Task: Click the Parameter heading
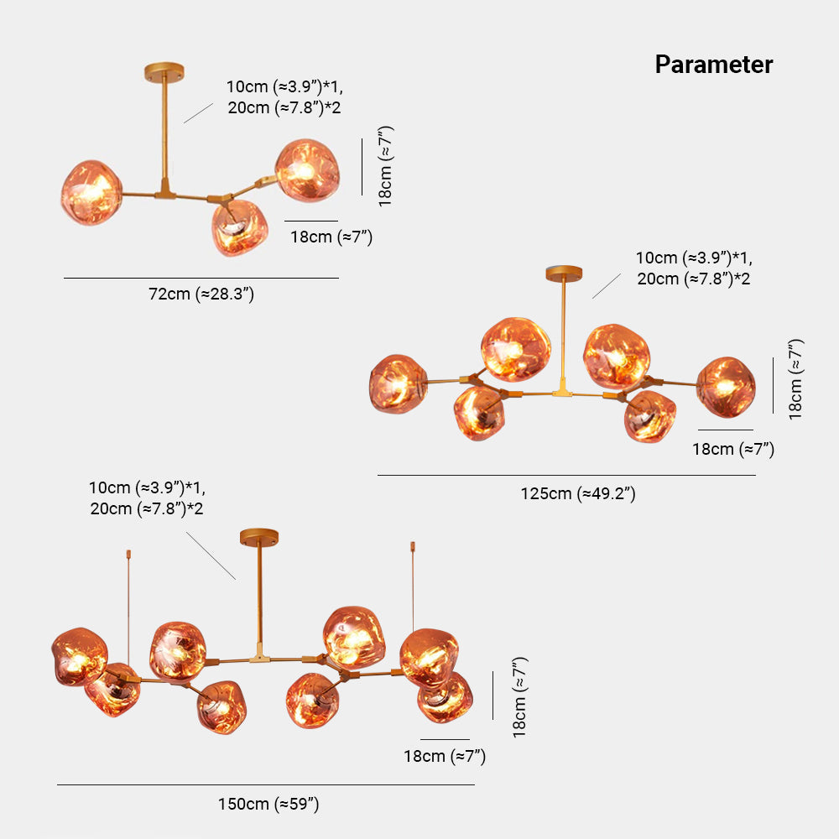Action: coord(714,65)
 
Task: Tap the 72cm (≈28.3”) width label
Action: coord(201,294)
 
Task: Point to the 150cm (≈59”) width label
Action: coord(268,804)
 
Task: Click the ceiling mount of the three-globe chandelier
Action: coord(164,66)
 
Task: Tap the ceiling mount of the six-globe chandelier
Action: coord(564,273)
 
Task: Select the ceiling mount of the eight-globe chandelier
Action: coord(258,534)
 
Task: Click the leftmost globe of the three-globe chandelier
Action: coord(91,192)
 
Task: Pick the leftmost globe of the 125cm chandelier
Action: coord(398,383)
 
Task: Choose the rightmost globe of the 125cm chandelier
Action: coord(727,386)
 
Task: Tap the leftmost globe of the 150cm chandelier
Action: coord(79,655)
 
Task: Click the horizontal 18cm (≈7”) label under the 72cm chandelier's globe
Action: coord(331,237)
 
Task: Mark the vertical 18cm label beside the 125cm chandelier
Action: coord(795,378)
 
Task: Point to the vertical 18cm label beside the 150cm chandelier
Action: coord(519,696)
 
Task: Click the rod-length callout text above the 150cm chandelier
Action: coord(147,498)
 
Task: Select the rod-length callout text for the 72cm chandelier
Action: coord(284,96)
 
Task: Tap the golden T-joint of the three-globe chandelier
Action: coord(165,191)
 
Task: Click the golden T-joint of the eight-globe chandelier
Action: coord(260,655)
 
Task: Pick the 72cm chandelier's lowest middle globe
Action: coord(239,227)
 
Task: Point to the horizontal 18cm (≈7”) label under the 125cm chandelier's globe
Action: coord(733,449)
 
